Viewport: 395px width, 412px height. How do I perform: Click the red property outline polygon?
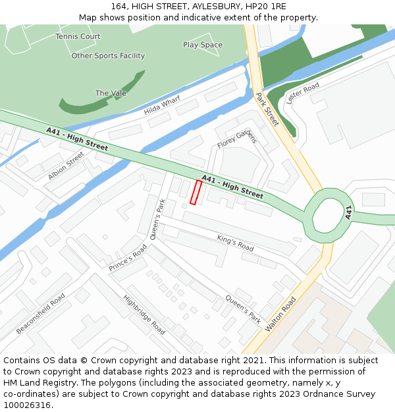coord(196,192)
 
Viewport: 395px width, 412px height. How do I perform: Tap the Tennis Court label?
coord(78,36)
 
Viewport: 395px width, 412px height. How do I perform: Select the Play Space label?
coord(203,45)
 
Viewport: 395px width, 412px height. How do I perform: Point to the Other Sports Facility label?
coord(108,56)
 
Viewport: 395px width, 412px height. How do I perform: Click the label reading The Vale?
coord(111,93)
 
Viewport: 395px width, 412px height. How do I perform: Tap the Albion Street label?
coord(66,166)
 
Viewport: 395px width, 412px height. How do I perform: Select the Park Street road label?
coord(267,109)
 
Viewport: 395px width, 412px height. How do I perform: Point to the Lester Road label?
coord(303,94)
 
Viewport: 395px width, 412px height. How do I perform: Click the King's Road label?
coord(235,243)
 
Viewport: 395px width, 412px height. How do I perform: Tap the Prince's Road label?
coord(128,258)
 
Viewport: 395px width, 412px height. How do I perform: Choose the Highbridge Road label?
coord(144,314)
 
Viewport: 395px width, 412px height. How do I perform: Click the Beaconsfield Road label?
coord(40,313)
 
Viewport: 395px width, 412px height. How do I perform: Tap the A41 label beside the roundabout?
coord(349,212)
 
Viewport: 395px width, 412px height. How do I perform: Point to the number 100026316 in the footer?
coord(27,405)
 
